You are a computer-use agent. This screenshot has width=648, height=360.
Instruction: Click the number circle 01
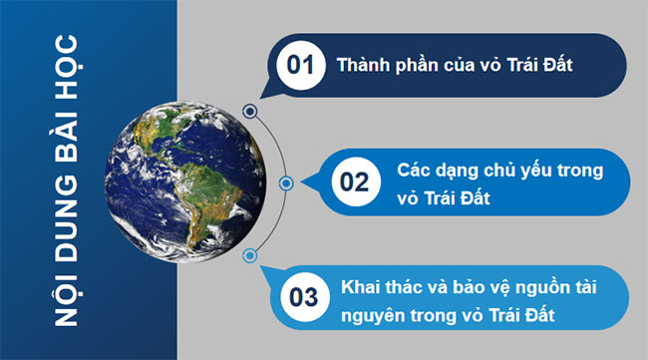300,66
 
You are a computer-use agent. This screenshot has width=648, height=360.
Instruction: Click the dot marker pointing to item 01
249,112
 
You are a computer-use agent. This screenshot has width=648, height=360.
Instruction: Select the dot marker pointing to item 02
286,183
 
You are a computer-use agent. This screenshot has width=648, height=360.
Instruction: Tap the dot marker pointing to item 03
250,255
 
